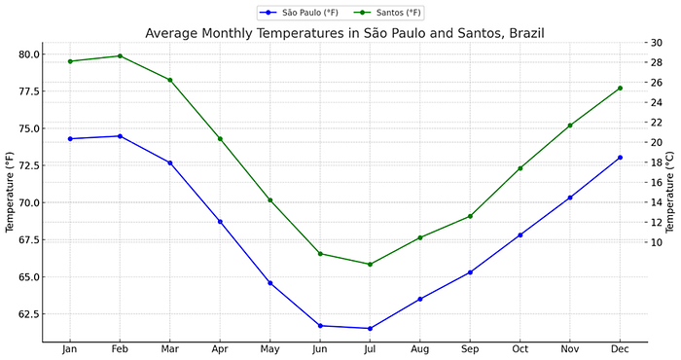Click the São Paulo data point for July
(x=371, y=328)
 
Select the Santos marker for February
(x=120, y=55)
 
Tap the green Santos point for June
(x=320, y=254)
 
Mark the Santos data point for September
(x=471, y=216)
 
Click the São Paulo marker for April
(x=220, y=222)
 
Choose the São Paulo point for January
(x=70, y=139)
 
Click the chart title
(x=344, y=33)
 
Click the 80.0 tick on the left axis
(x=29, y=54)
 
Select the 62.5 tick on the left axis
(x=29, y=314)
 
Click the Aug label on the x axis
(x=420, y=348)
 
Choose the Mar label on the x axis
(x=170, y=348)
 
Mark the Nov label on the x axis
(x=570, y=348)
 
